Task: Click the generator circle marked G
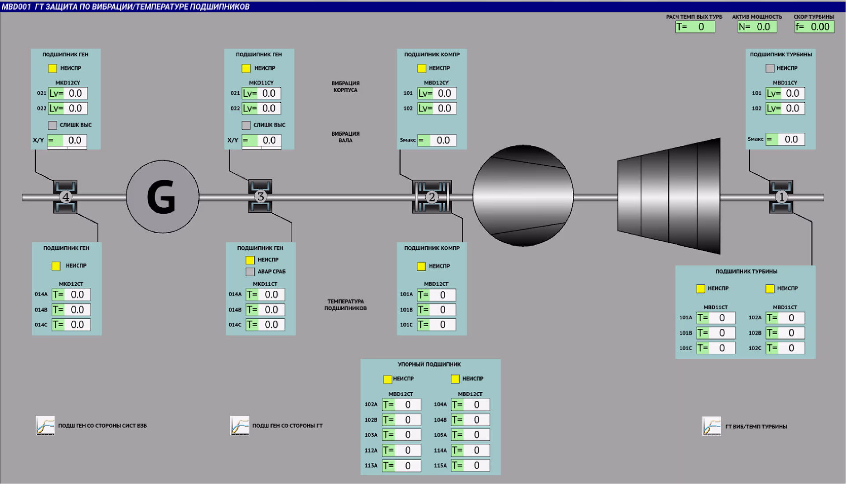(163, 197)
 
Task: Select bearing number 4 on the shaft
(65, 197)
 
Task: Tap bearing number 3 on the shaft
(260, 196)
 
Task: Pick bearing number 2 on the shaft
(432, 197)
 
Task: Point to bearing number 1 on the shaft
(781, 197)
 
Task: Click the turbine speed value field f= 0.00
(814, 27)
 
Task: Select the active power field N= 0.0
(757, 27)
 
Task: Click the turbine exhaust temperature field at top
(695, 27)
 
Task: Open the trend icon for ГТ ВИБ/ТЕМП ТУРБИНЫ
(712, 426)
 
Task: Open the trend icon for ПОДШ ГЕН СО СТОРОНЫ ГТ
(240, 425)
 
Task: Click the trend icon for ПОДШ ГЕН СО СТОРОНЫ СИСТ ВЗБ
(45, 425)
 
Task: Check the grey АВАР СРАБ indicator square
(250, 272)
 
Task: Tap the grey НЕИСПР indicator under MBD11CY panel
(770, 68)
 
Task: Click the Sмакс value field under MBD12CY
(437, 140)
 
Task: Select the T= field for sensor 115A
(470, 465)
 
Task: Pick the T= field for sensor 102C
(785, 348)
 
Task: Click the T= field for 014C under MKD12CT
(71, 325)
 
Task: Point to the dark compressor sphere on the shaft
(523, 196)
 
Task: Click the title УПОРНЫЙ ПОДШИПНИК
(429, 365)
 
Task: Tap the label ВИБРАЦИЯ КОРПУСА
(345, 86)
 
